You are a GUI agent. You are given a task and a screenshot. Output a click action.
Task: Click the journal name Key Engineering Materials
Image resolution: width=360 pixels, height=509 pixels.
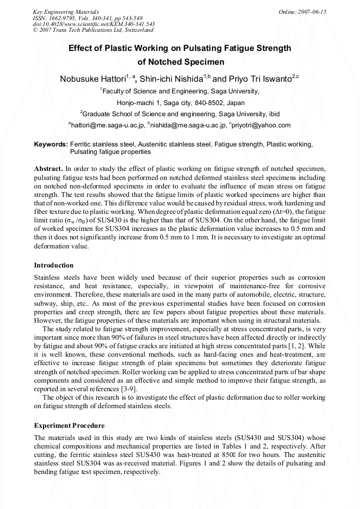pyautogui.click(x=66, y=12)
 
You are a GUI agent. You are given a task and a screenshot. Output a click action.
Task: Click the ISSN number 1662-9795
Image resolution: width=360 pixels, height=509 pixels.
pyautogui.click(x=64, y=18)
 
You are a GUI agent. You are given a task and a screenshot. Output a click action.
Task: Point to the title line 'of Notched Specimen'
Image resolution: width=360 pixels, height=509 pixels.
pyautogui.click(x=180, y=62)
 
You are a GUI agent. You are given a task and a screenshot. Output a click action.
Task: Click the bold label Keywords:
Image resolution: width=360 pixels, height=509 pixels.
pyautogui.click(x=51, y=144)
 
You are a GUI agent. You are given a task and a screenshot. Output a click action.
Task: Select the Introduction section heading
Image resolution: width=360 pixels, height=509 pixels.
pyautogui.click(x=54, y=265)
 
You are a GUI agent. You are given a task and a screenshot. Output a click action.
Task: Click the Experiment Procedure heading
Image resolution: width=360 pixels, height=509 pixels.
pyautogui.click(x=69, y=426)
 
